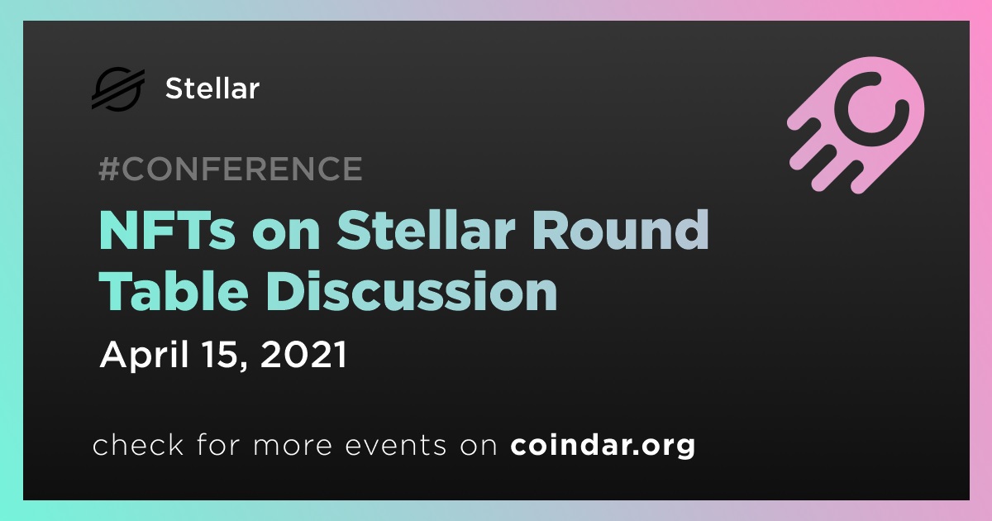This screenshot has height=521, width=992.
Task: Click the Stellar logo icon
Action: (118, 88)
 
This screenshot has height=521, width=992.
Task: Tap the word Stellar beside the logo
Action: (212, 88)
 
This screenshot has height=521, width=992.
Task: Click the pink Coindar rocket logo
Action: (856, 125)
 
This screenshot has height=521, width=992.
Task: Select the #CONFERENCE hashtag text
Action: (231, 169)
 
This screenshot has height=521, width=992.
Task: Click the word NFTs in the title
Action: (167, 231)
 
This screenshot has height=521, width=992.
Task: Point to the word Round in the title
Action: (621, 231)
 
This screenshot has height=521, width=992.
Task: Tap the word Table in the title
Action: (174, 290)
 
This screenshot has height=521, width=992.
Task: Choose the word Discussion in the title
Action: (412, 290)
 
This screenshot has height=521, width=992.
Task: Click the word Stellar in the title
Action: (426, 231)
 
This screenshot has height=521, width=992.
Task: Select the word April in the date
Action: (145, 356)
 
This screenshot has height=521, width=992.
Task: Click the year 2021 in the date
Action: (304, 355)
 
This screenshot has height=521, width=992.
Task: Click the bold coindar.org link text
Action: (603, 445)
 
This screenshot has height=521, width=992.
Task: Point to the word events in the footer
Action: (396, 445)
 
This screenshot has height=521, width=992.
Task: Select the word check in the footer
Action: (138, 444)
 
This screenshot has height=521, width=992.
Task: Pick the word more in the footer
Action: (293, 446)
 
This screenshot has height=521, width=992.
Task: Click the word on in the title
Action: (286, 233)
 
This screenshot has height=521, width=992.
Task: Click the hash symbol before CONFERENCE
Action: (109, 169)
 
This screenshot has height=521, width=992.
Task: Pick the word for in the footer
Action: (218, 444)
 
